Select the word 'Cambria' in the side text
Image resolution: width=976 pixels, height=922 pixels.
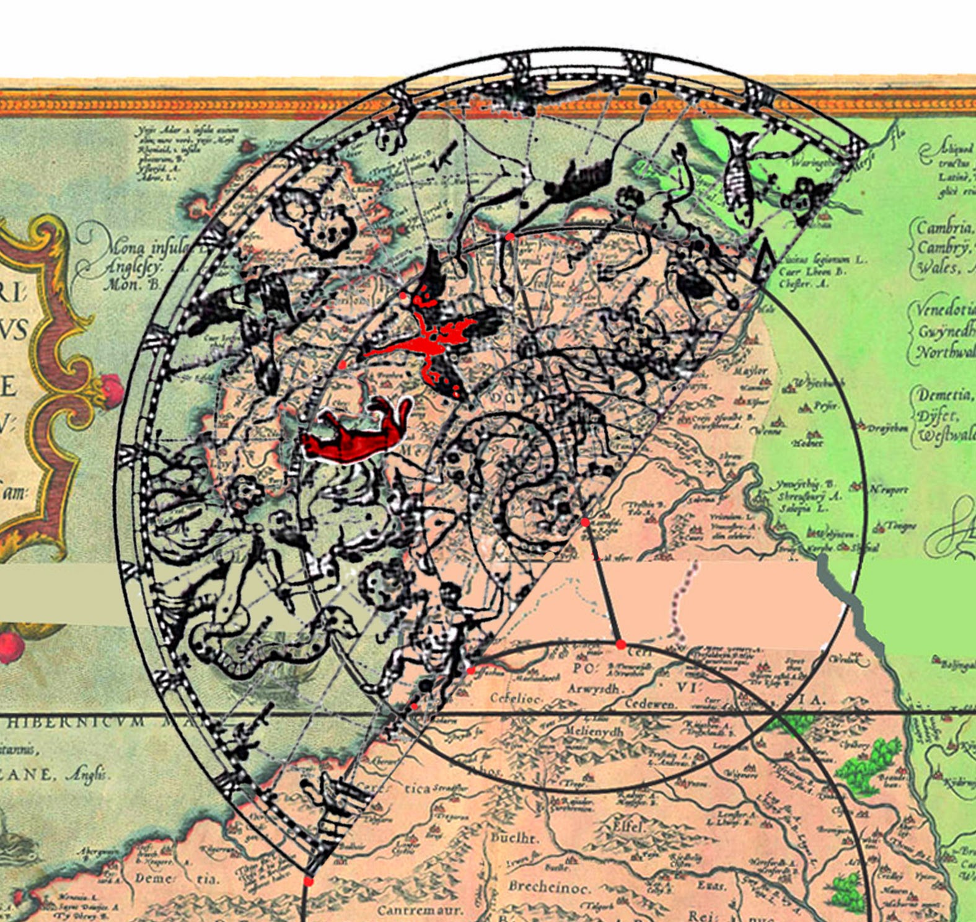pyautogui.click(x=944, y=228)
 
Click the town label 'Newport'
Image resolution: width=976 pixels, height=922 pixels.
pyautogui.click(x=889, y=490)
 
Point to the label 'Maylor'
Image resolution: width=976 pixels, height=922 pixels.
pyautogui.click(x=750, y=370)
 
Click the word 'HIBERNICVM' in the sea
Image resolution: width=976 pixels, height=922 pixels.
pyautogui.click(x=74, y=722)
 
